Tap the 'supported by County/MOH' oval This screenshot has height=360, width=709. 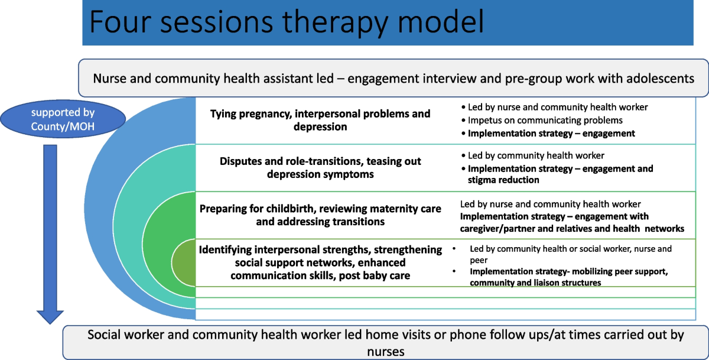coord(63,119)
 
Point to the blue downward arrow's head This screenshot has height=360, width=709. coord(50,317)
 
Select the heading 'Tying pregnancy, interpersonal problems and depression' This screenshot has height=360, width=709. coord(320,120)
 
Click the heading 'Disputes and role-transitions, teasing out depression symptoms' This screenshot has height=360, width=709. coord(320,167)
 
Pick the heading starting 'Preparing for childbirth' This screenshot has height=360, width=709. coord(320,215)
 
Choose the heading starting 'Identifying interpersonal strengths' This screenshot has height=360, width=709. coord(320,262)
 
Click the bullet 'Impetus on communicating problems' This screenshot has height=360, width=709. coord(542,121)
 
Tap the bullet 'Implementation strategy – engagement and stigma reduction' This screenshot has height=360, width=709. coord(557,174)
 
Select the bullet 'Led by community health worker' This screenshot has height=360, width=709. coord(533,155)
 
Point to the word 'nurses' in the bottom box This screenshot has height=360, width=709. coord(386,352)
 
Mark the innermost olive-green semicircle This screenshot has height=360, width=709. coord(184,263)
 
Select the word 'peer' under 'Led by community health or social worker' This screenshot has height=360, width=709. coord(479,261)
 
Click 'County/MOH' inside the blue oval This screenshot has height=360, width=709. coord(63,127)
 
